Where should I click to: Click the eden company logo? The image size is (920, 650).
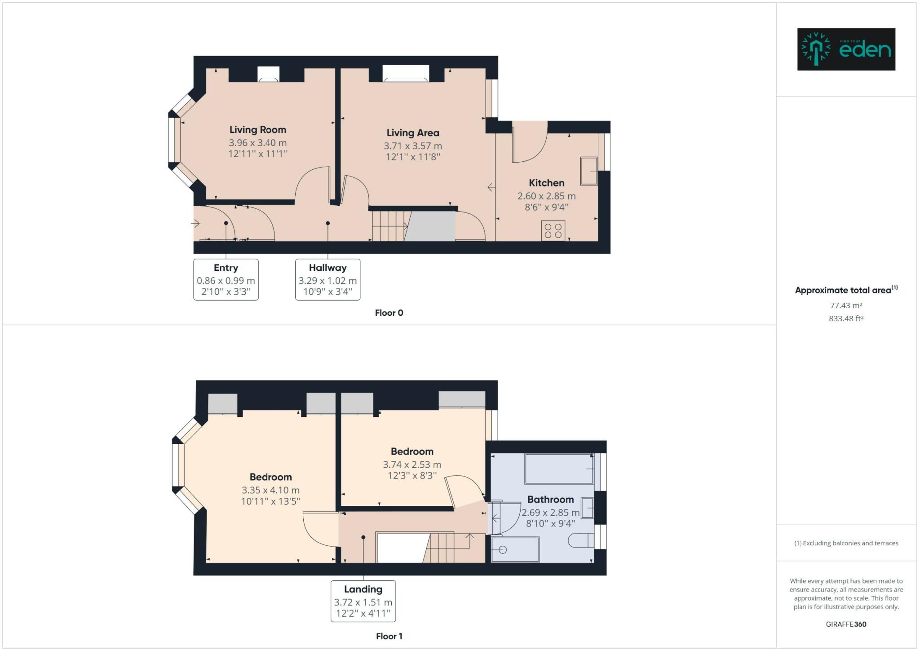point(846,49)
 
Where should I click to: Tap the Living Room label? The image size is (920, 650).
point(257,130)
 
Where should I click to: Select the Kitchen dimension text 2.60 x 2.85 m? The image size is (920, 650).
point(546,196)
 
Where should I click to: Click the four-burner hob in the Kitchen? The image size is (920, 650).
point(553,231)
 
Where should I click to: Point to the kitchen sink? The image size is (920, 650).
point(588,171)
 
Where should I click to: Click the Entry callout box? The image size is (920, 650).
point(226,279)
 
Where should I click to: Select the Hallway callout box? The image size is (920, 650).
point(327,279)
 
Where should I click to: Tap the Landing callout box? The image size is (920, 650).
point(363,601)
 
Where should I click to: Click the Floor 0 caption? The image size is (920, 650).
point(389,313)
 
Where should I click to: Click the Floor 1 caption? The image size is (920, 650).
point(389,636)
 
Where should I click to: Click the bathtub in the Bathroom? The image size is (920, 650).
point(559,469)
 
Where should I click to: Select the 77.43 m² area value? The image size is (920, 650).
point(846,305)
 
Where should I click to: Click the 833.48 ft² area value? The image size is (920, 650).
point(846,318)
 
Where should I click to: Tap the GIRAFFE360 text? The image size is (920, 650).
point(846,624)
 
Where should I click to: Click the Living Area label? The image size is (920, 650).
point(412,133)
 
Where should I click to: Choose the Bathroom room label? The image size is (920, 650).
point(550,500)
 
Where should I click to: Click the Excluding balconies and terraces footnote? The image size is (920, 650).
point(846,543)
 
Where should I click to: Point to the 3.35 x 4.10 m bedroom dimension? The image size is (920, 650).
point(270,490)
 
